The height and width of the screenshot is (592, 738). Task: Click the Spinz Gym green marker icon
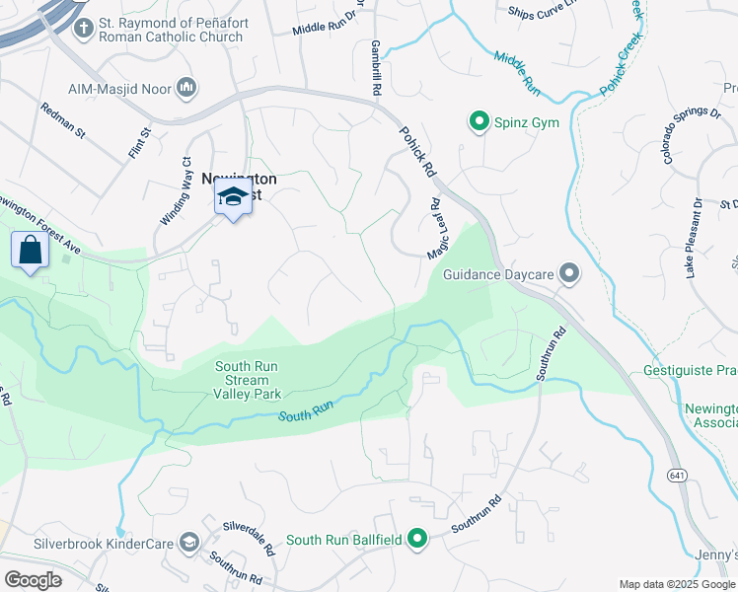pos(480,122)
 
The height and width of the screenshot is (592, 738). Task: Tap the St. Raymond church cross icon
pos(82,29)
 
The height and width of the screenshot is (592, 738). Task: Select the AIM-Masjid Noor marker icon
pos(185,89)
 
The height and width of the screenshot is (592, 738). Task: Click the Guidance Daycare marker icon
pos(568,273)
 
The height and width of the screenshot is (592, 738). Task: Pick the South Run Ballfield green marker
pos(418,539)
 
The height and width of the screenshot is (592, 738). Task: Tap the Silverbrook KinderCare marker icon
pos(188,543)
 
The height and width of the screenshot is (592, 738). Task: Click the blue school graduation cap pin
pos(233,198)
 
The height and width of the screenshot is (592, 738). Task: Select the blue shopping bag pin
pos(31,251)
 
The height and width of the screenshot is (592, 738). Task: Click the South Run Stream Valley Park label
pos(247,380)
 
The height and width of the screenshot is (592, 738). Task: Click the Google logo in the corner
pos(33,579)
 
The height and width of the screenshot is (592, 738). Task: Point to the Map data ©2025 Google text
pos(677,584)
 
